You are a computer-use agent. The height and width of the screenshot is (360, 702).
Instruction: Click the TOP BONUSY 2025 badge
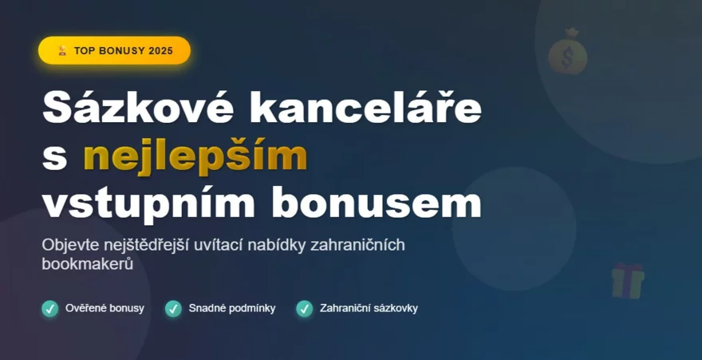click(114, 50)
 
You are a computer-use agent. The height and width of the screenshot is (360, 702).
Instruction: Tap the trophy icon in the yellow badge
click(62, 50)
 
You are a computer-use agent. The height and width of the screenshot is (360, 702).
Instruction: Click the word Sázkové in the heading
click(135, 108)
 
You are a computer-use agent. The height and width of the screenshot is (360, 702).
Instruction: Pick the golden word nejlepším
click(195, 156)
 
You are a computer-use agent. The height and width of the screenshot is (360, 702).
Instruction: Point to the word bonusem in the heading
click(377, 203)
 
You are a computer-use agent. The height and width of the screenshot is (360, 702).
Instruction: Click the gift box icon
click(628, 281)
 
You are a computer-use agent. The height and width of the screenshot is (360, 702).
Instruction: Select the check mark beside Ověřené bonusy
click(50, 308)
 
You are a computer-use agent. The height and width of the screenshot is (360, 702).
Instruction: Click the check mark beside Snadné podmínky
click(173, 308)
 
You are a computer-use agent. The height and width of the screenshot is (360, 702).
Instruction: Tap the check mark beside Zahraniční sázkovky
click(304, 308)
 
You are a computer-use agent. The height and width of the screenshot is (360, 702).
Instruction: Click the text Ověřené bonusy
click(105, 308)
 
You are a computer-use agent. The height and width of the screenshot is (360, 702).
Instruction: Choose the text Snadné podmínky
click(232, 308)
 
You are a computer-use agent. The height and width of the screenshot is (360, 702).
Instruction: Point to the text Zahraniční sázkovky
click(369, 308)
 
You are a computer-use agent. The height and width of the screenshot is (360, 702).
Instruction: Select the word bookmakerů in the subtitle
click(86, 263)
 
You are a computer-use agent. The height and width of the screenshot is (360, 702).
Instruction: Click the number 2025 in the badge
click(160, 50)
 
